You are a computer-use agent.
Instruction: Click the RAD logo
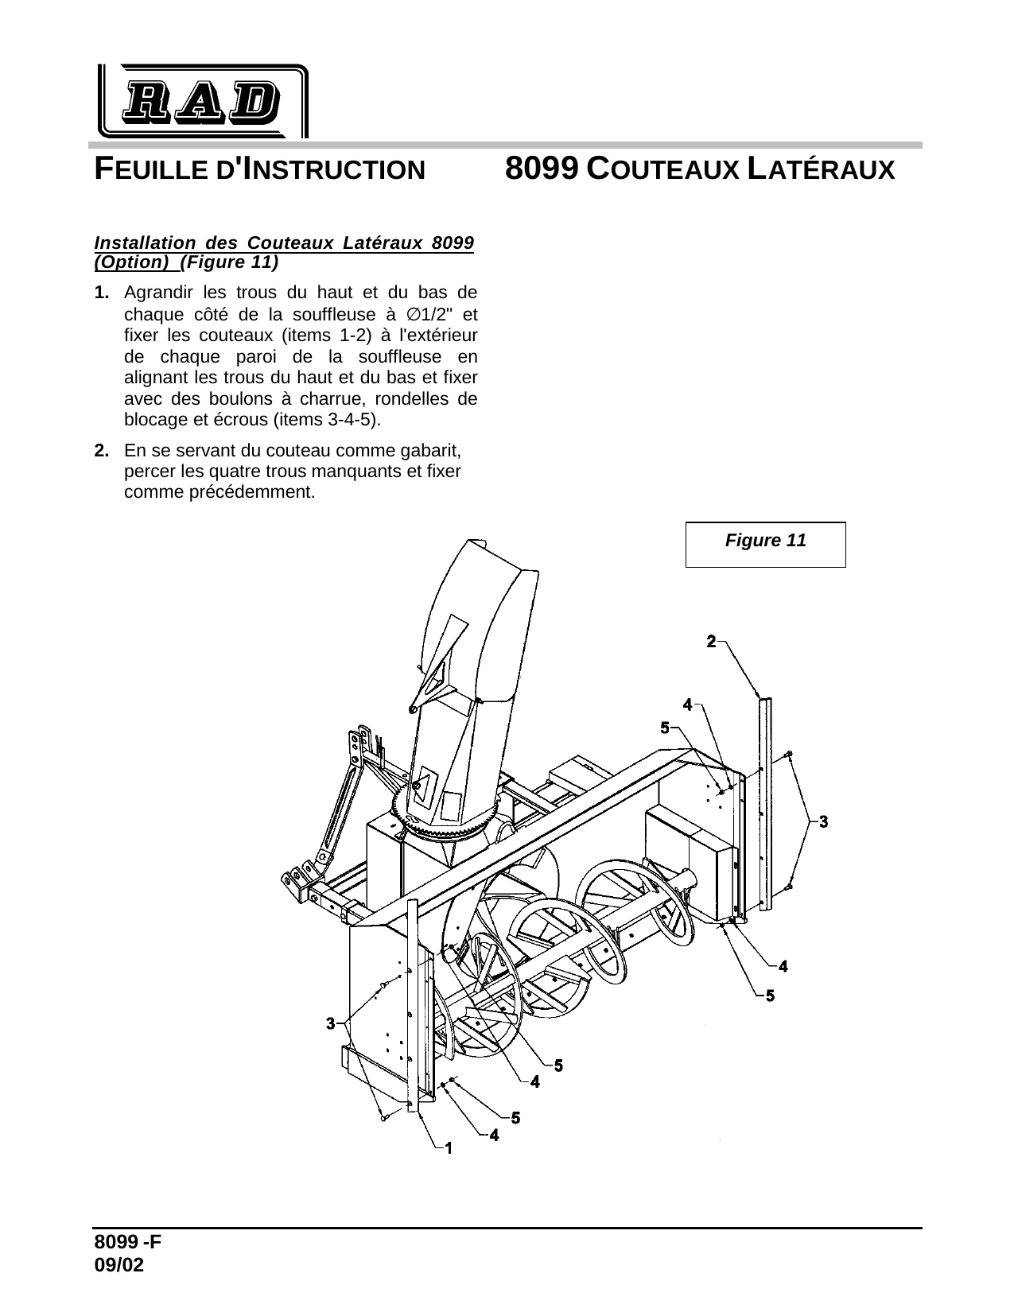point(202,101)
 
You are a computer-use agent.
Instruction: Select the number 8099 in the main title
point(542,169)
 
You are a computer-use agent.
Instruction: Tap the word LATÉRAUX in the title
point(823,169)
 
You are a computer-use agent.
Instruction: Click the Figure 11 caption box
point(765,544)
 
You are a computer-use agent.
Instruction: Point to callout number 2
point(712,640)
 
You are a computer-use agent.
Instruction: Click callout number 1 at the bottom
point(449,1147)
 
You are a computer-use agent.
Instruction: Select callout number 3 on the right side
point(823,821)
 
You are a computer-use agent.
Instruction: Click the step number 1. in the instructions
point(102,293)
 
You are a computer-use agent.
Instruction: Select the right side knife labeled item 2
point(765,803)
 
